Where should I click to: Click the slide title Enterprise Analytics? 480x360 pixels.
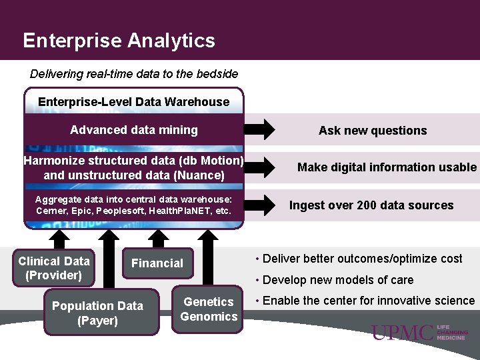[x=119, y=41]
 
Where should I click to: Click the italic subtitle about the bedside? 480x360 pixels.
[x=134, y=73]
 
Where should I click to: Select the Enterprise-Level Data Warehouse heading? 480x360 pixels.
[x=133, y=102]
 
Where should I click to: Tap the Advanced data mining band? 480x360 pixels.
[x=134, y=130]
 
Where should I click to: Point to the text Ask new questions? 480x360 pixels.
[x=373, y=131]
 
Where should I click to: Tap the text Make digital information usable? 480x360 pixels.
[x=387, y=167]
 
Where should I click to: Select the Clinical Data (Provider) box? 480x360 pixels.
[x=53, y=268]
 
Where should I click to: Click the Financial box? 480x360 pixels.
[x=157, y=263]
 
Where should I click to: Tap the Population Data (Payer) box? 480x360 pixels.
[x=97, y=313]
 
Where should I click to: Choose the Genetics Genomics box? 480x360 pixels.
[x=209, y=309]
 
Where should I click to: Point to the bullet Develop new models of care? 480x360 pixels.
[x=338, y=280]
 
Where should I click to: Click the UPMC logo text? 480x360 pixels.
[x=403, y=333]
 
